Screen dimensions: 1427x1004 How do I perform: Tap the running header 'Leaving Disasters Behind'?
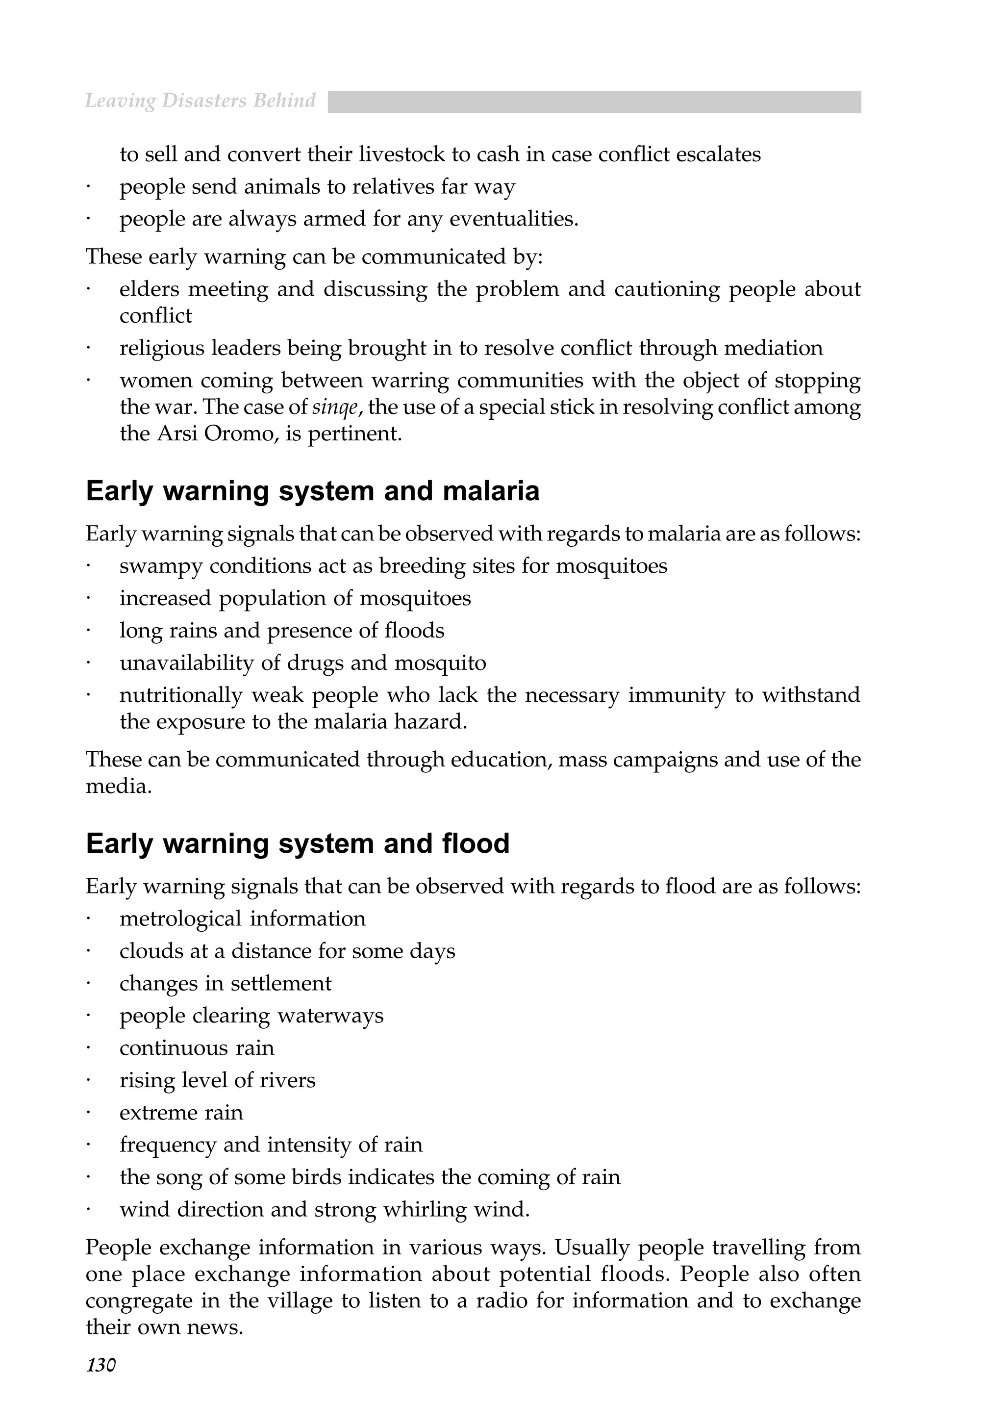pos(200,101)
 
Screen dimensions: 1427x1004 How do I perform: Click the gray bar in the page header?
pos(594,102)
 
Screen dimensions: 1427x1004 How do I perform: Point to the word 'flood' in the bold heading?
pos(476,843)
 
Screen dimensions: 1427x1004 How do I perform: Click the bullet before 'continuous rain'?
pos(89,1048)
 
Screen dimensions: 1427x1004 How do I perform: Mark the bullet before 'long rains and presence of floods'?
pos(89,631)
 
